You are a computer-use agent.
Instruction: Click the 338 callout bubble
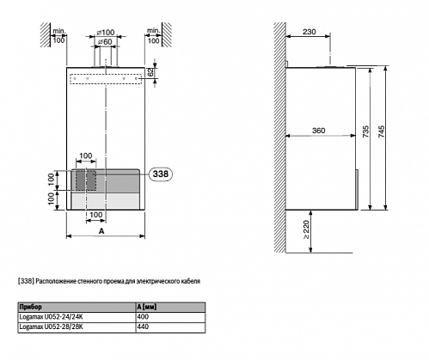(161, 174)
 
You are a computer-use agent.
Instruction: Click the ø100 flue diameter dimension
(106, 33)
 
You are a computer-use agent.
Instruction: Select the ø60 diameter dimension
(105, 42)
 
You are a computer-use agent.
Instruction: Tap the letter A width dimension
(101, 231)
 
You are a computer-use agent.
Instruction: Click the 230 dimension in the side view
(309, 32)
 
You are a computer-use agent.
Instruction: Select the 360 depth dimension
(318, 131)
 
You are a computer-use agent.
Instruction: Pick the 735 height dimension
(366, 131)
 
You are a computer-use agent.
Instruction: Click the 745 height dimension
(382, 131)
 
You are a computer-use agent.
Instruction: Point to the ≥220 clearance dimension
(306, 229)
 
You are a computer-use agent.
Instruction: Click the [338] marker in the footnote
(26, 281)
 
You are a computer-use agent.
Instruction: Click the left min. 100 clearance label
(58, 35)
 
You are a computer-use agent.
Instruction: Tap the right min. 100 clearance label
(153, 35)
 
